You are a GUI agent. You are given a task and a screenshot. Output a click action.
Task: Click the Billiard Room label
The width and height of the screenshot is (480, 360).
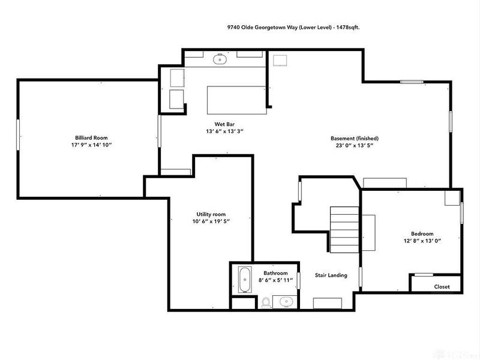(x=88, y=137)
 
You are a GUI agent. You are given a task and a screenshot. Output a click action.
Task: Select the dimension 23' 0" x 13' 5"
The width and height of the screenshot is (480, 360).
(x=354, y=145)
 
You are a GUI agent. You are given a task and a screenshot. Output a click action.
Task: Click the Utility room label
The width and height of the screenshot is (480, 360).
(x=211, y=214)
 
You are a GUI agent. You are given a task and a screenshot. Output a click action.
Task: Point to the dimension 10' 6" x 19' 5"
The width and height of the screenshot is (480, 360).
(x=211, y=221)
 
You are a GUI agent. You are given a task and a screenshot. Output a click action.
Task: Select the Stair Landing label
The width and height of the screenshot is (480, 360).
(x=331, y=275)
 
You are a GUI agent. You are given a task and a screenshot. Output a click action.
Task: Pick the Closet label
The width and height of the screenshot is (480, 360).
(x=442, y=287)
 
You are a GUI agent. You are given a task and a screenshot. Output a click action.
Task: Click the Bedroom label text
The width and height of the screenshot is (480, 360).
(x=422, y=234)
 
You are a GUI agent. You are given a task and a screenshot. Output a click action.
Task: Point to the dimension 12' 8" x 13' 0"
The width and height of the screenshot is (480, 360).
(x=422, y=241)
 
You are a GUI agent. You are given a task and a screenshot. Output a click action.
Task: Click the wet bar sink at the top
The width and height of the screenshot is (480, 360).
(x=220, y=59)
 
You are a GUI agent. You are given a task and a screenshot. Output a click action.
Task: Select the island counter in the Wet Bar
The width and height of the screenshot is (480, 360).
(x=236, y=100)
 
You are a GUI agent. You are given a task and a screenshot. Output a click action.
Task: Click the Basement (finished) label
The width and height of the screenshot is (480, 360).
(x=354, y=138)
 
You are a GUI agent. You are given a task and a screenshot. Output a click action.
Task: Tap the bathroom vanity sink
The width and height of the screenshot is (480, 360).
(x=284, y=301)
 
